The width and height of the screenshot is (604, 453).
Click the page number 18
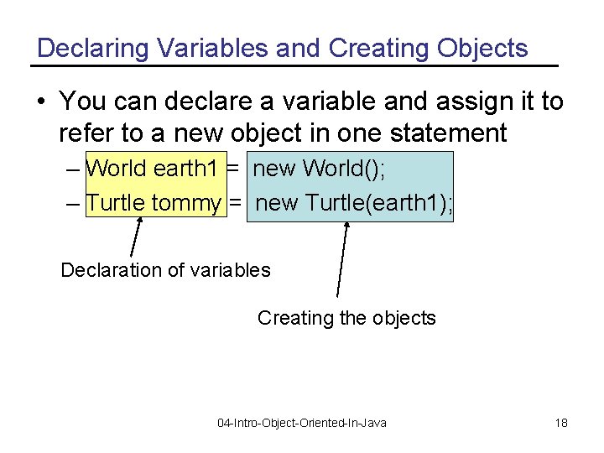click(x=561, y=423)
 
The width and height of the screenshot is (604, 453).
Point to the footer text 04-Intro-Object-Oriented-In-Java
click(x=302, y=423)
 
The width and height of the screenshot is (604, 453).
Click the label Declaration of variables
click(x=166, y=270)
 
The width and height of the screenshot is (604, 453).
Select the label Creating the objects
click(x=346, y=318)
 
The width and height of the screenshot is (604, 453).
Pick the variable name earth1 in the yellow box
click(x=185, y=169)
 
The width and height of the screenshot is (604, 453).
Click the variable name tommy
click(x=186, y=203)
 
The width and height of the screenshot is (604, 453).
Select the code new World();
click(x=319, y=169)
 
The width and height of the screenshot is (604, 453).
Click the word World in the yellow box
click(x=117, y=169)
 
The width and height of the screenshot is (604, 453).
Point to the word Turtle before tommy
click(x=116, y=203)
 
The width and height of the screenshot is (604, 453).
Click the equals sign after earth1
click(x=234, y=169)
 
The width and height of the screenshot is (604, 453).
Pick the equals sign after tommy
click(x=236, y=203)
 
